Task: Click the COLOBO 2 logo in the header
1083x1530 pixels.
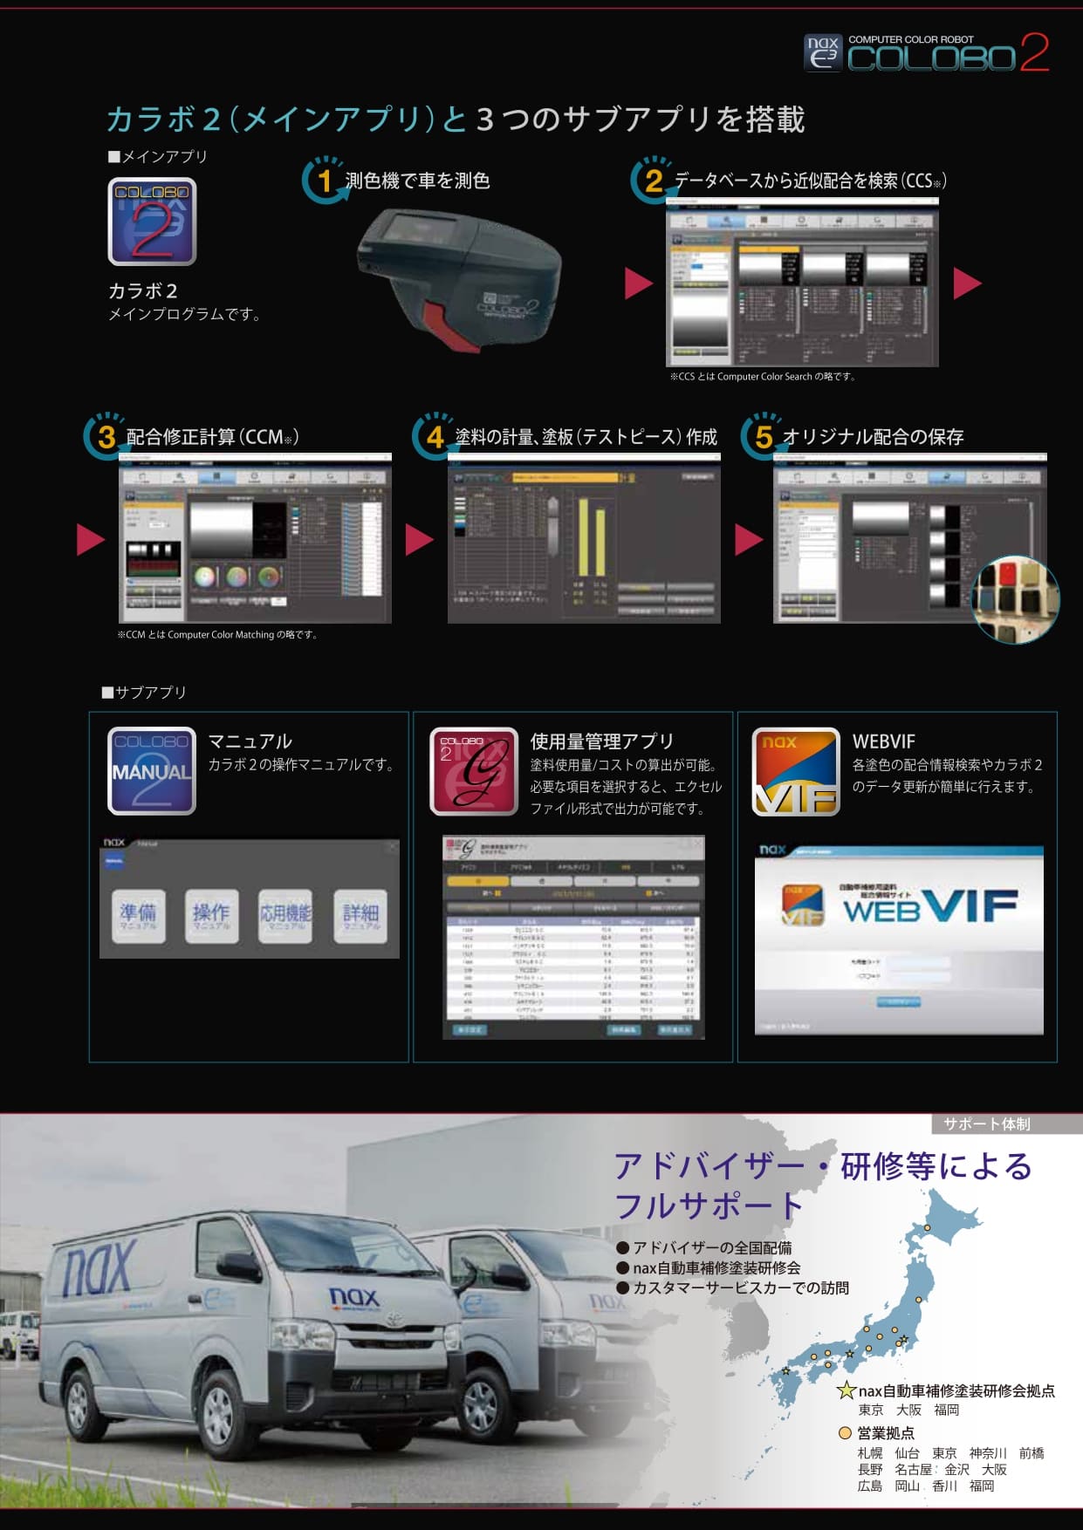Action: (x=926, y=53)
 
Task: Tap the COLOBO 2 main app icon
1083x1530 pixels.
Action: (x=152, y=222)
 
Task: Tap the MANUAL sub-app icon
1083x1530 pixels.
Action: (x=152, y=771)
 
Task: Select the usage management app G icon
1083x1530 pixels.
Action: (x=474, y=771)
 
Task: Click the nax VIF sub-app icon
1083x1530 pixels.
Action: (x=796, y=771)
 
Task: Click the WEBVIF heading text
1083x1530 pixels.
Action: (x=883, y=741)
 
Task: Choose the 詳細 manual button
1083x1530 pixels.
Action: (x=360, y=916)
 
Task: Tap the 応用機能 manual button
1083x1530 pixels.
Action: (x=285, y=916)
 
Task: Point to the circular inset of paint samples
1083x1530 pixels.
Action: (x=1015, y=599)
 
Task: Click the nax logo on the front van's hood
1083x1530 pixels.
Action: (x=354, y=1297)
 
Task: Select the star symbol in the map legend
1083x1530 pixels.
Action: (x=846, y=1391)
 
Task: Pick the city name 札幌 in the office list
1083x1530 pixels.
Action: (x=870, y=1453)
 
